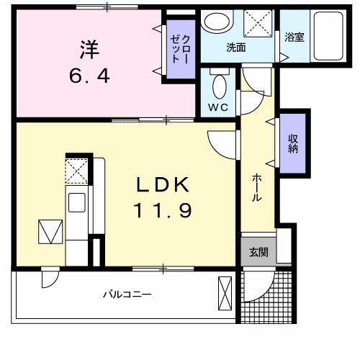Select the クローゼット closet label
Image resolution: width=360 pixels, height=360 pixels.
point(181,51)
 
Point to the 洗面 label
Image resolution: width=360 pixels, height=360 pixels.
point(236,48)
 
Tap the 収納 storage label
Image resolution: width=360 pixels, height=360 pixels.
point(294,144)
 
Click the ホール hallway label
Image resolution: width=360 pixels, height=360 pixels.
point(256,189)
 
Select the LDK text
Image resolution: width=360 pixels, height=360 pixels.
point(163,185)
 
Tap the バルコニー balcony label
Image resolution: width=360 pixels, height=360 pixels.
point(126,294)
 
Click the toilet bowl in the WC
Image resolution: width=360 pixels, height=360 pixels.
point(220,89)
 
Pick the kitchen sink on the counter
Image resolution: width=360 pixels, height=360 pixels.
point(76,202)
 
